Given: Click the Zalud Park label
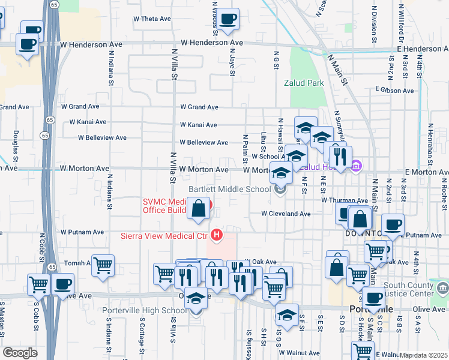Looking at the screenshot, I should click(304, 83).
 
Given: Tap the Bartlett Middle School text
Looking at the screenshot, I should click(230, 189).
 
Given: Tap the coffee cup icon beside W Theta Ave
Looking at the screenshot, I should click(228, 20).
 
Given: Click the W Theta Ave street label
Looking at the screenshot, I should click(152, 19).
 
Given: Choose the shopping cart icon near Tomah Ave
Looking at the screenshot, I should click(103, 265).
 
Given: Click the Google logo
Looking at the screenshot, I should click(20, 353).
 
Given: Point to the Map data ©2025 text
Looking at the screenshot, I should click(423, 355).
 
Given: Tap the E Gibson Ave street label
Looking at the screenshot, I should click(394, 91).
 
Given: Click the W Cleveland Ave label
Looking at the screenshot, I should click(285, 214).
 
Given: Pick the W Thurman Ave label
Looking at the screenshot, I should click(344, 200).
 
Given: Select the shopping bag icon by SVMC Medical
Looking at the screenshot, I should click(199, 209).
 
